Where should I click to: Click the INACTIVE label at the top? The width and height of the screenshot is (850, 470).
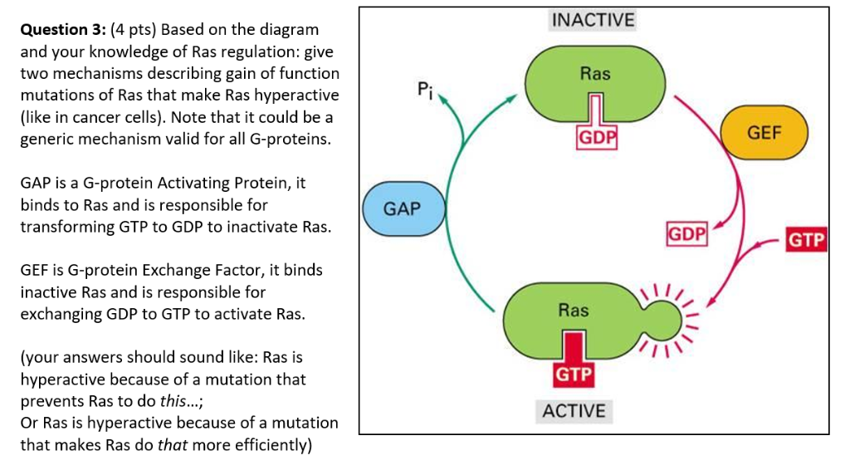tap(593, 20)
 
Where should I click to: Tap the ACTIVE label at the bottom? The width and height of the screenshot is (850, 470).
tap(574, 411)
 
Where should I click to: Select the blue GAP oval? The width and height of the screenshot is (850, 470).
tap(403, 208)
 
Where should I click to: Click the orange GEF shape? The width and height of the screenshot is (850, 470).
tap(765, 133)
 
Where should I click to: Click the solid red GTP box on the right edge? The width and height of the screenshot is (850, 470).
tap(806, 241)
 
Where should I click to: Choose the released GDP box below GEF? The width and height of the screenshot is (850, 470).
tap(687, 235)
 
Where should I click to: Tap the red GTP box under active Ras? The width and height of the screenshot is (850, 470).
tap(574, 375)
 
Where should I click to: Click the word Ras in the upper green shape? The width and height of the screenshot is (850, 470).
tap(595, 74)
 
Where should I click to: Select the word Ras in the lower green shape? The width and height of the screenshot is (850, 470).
tap(573, 311)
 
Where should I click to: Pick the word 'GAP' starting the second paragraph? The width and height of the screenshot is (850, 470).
tap(37, 183)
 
